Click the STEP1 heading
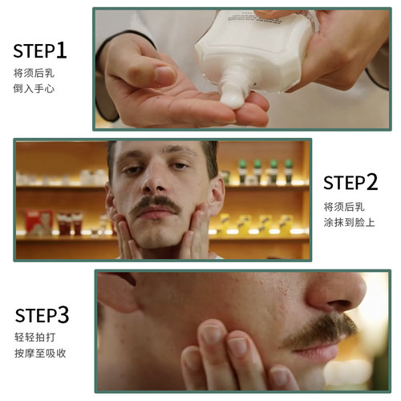coord(40,51)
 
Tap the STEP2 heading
coord(350,182)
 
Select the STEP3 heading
coord(41,313)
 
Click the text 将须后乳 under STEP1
coord(34,73)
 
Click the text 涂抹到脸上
coord(350,221)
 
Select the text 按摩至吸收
coord(38,354)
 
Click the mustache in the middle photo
coord(156,207)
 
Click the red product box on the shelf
coord(35,220)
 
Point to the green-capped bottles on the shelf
coord(265,171)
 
